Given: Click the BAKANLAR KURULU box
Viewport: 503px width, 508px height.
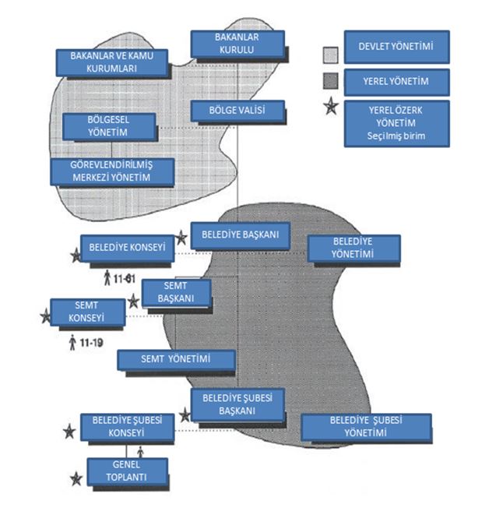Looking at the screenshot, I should (x=237, y=44).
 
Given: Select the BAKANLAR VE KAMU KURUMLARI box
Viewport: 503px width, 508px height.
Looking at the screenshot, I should (x=112, y=62).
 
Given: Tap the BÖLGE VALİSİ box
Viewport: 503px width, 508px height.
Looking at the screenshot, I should (x=237, y=111).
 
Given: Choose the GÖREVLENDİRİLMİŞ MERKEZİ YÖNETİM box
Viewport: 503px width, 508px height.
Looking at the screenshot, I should (x=111, y=172).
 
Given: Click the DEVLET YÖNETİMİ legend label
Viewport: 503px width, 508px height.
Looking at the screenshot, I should (x=397, y=47).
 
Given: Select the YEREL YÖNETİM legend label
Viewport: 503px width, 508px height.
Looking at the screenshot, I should (x=397, y=80).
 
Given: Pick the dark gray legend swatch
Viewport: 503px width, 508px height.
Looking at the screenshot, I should (x=330, y=81).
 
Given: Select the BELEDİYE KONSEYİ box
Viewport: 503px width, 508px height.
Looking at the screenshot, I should (x=127, y=248).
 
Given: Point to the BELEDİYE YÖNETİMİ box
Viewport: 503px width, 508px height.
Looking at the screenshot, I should (x=354, y=249).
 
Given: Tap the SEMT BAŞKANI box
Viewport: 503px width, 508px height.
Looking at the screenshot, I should (x=178, y=293).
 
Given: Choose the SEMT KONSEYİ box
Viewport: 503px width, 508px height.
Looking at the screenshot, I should (x=87, y=312).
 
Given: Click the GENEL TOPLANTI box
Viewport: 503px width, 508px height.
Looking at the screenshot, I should (x=128, y=471).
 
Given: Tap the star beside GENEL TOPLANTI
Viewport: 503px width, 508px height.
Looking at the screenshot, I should (x=76, y=478).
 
